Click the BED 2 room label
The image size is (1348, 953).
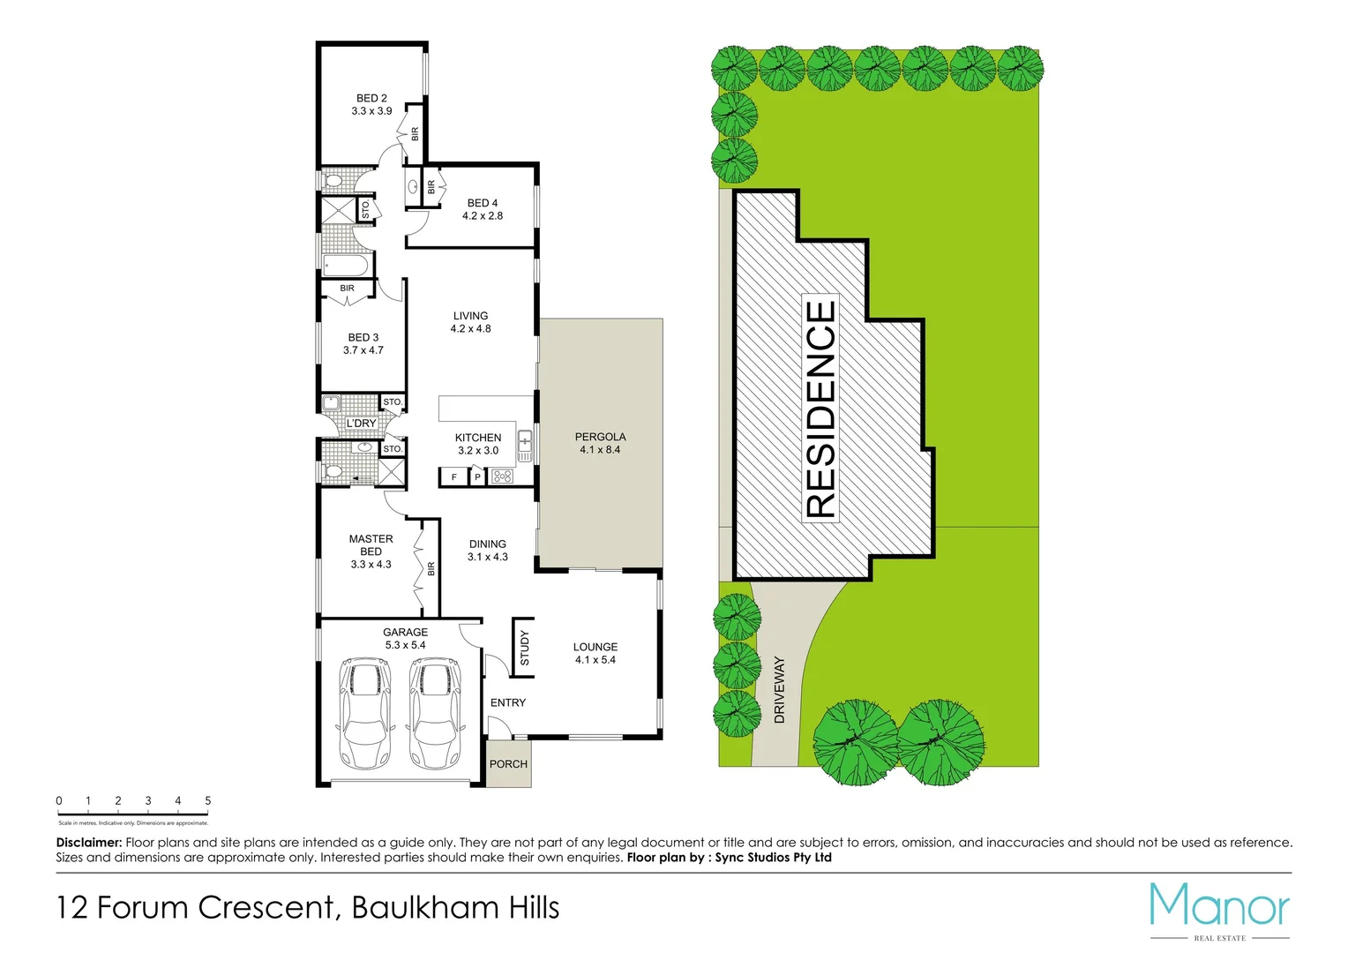click(x=371, y=98)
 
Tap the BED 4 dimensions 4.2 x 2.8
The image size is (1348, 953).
click(x=483, y=216)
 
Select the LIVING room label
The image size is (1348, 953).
click(x=470, y=316)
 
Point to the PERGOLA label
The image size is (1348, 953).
click(x=600, y=437)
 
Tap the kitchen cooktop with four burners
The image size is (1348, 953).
click(x=502, y=476)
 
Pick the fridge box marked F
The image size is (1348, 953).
click(x=453, y=477)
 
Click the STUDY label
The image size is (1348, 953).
click(x=525, y=648)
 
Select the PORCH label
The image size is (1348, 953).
click(x=508, y=764)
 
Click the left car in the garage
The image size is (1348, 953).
click(x=363, y=713)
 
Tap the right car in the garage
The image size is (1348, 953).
click(x=435, y=713)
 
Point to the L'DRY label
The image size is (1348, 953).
click(x=361, y=424)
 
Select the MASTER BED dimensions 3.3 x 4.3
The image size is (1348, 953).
click(x=371, y=565)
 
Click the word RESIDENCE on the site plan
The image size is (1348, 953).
click(x=820, y=409)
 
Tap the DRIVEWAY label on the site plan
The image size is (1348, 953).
click(x=779, y=690)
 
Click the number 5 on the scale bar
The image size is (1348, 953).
click(x=208, y=801)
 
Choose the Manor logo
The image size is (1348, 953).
click(x=1219, y=909)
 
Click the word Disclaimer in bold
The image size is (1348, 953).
click(x=88, y=843)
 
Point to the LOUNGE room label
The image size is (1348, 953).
click(x=595, y=647)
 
